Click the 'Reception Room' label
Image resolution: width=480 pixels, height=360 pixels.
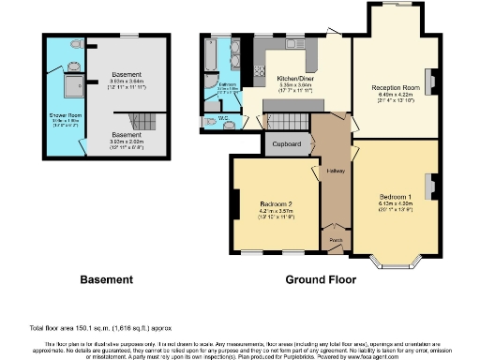point(396,86)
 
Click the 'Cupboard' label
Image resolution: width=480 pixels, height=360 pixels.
point(286,144)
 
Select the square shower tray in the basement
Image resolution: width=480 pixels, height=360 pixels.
point(70,87)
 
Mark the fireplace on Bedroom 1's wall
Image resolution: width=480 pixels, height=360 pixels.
point(433,187)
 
